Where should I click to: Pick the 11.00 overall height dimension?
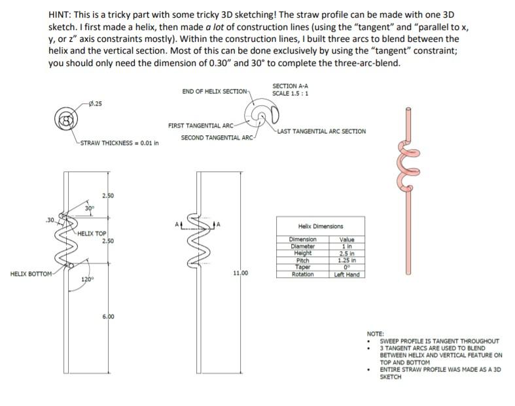pyautogui.click(x=241, y=273)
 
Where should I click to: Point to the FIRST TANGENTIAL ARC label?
pyautogui.click(x=200, y=125)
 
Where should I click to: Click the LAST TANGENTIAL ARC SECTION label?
pyautogui.click(x=321, y=131)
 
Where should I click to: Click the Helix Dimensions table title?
pyautogui.click(x=320, y=226)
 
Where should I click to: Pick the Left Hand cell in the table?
pyautogui.click(x=347, y=275)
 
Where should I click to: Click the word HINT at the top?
pyautogui.click(x=60, y=14)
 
